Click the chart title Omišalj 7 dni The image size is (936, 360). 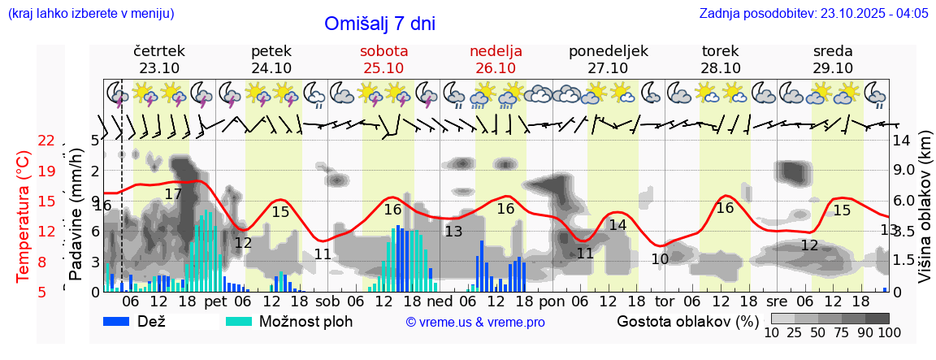pyautogui.click(x=379, y=24)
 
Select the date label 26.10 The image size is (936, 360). pyautogui.click(x=496, y=68)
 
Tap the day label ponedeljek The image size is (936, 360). pyautogui.click(x=608, y=51)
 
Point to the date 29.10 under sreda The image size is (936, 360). pyautogui.click(x=833, y=68)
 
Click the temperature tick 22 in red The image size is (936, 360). pyautogui.click(x=46, y=141)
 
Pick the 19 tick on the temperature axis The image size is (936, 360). pyautogui.click(x=46, y=171)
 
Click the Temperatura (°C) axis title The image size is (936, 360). pyautogui.click(x=24, y=217)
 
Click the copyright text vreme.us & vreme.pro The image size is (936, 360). pyautogui.click(x=474, y=322)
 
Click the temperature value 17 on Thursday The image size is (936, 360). pyautogui.click(x=173, y=194)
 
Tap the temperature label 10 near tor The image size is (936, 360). pyautogui.click(x=660, y=259)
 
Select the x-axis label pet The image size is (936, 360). pyautogui.click(x=214, y=300)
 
